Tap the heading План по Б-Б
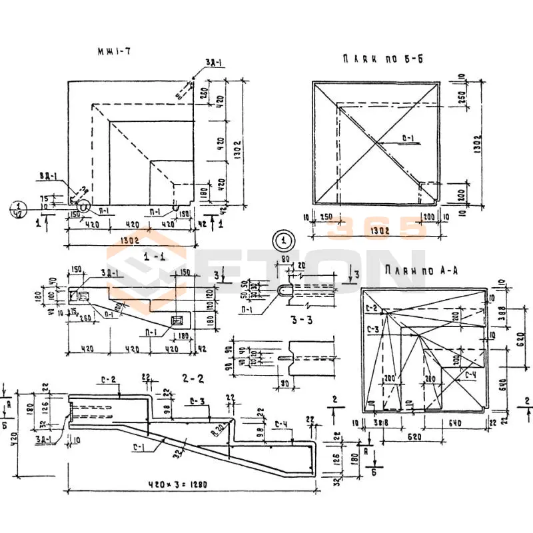382,59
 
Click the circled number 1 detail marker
284,239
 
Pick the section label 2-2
193,378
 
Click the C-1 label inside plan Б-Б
408,139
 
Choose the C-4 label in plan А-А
470,375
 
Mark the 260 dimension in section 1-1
85,318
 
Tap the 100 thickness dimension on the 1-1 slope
117,308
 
